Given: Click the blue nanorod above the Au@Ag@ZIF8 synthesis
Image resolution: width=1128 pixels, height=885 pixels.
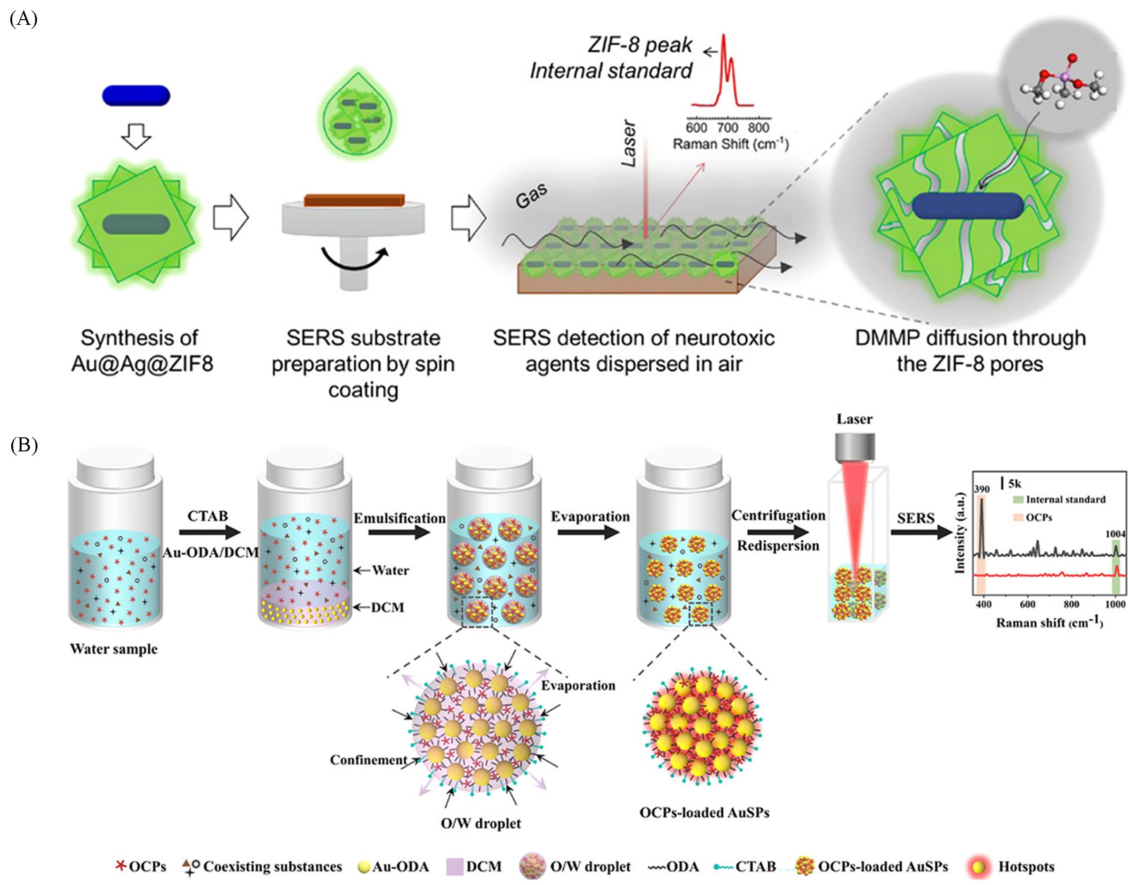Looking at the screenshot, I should [x=136, y=96].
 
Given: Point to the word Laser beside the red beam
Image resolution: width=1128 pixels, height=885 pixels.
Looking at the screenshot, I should [x=629, y=144].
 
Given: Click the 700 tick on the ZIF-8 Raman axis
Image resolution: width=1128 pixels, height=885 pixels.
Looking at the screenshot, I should [x=727, y=127].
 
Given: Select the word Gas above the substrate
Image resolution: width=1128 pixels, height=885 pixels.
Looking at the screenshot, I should [x=531, y=196].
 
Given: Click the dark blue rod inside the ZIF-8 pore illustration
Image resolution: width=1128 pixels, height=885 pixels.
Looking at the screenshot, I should [x=968, y=206].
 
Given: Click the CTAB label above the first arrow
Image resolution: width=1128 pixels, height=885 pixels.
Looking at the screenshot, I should [x=208, y=516].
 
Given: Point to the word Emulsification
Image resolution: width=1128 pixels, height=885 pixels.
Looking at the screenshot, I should [x=399, y=518].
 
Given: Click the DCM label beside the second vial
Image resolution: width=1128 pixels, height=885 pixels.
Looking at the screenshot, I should [x=387, y=607].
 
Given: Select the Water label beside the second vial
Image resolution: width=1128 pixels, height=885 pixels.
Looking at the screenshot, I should [x=390, y=570].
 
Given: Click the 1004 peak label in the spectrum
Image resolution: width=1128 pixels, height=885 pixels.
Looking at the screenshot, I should [x=1115, y=534].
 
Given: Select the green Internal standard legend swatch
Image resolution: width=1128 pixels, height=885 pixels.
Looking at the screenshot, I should [x=1018, y=500].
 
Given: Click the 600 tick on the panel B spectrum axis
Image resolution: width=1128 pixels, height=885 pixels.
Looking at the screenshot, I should [x=1027, y=604].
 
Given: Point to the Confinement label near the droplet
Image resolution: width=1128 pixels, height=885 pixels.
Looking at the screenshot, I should [x=368, y=760].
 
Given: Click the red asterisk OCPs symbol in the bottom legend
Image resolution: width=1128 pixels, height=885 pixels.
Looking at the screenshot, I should [x=120, y=865].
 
